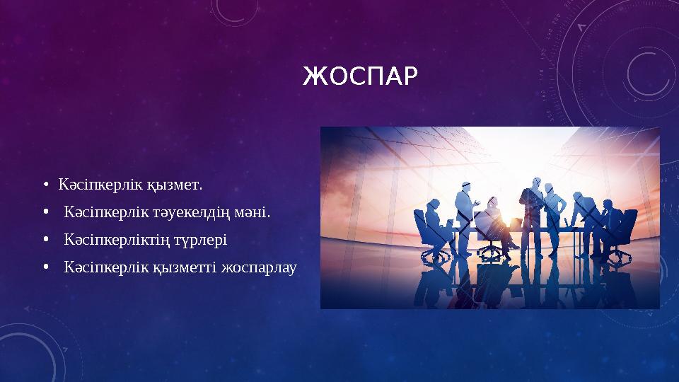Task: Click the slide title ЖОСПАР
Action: [360, 75]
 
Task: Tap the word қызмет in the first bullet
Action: [174, 185]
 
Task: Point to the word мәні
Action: [253, 213]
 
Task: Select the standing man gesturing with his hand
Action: [465, 212]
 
